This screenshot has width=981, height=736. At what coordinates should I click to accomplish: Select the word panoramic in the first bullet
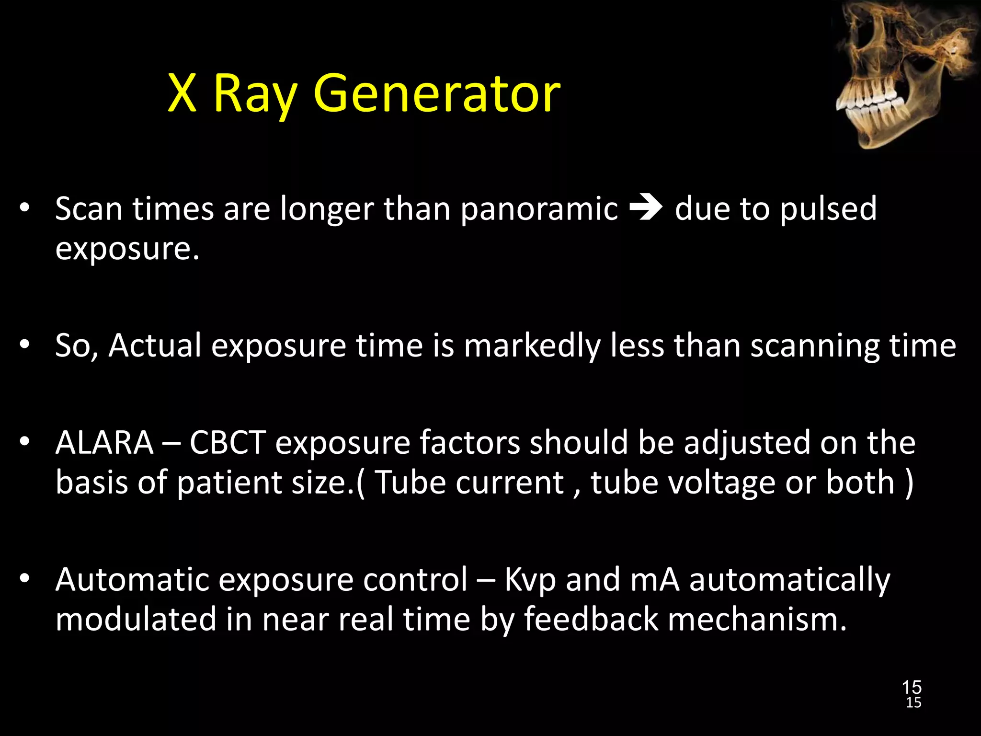coord(539,210)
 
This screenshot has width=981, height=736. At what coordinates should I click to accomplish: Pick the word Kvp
coord(530,581)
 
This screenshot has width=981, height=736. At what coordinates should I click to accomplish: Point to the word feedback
coord(591,619)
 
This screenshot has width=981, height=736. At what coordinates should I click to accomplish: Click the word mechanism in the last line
coord(757,619)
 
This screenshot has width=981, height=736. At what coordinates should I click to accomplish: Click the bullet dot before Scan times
coord(25,208)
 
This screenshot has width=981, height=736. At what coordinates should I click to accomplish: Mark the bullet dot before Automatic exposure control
coord(25,579)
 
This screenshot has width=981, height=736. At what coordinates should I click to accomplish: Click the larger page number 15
coord(912,687)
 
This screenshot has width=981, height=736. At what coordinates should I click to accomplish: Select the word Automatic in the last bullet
coord(132,580)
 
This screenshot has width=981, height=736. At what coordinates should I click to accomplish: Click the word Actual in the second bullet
coord(155,346)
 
